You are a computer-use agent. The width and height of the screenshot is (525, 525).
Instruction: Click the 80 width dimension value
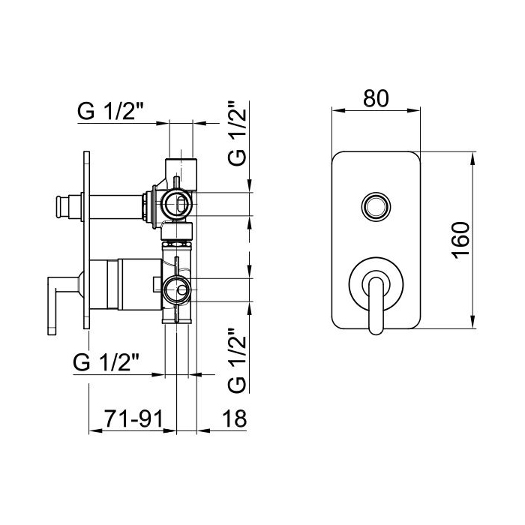point(376,98)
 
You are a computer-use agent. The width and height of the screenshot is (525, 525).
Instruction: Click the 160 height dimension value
point(460,240)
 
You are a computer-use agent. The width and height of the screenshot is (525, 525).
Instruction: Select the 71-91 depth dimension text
point(134,418)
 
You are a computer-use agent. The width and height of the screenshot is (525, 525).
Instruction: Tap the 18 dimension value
point(234,418)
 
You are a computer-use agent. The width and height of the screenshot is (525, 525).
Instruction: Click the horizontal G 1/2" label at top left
point(110,111)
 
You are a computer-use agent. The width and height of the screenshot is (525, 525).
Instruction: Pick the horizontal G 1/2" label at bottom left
point(106,362)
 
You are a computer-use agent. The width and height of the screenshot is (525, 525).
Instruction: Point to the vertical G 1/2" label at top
point(238,133)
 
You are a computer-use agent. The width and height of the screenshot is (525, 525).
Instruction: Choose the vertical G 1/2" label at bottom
point(238,360)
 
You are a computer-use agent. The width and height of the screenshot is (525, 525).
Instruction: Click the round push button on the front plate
point(376,206)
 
